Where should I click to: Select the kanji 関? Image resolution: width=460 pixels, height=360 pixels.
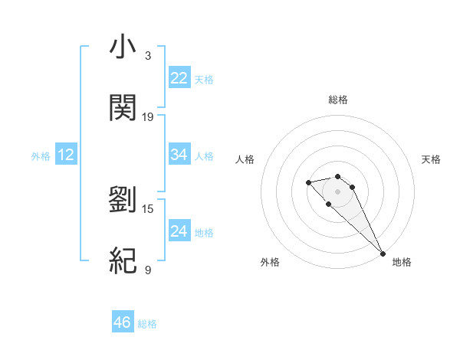point(123,108)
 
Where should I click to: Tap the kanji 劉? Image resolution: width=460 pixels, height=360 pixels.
point(123,199)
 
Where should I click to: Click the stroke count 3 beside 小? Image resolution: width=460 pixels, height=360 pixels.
point(148,56)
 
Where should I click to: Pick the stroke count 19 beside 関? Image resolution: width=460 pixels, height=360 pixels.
point(148,117)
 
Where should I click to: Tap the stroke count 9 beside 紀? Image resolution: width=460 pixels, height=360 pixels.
point(148,270)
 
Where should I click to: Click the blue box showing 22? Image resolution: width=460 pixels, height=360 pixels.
point(179,78)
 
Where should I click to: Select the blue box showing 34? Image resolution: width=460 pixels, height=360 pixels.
point(179,155)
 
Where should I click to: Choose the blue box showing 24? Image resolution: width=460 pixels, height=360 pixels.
point(179,231)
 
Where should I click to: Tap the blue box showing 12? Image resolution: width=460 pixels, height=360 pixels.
point(66,155)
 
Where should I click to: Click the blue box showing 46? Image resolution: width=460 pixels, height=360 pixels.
point(123,322)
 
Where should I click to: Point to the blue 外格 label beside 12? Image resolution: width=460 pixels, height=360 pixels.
point(41,156)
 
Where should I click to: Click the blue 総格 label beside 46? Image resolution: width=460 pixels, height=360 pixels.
point(147,324)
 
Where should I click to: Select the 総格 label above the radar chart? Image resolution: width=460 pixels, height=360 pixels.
point(338,100)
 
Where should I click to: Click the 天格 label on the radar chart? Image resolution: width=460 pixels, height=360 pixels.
point(432,159)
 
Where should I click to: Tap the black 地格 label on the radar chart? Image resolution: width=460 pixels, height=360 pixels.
point(402,262)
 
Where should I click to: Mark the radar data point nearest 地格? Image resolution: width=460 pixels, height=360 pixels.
point(383,254)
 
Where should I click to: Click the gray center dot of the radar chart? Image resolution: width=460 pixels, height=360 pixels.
point(337,191)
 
